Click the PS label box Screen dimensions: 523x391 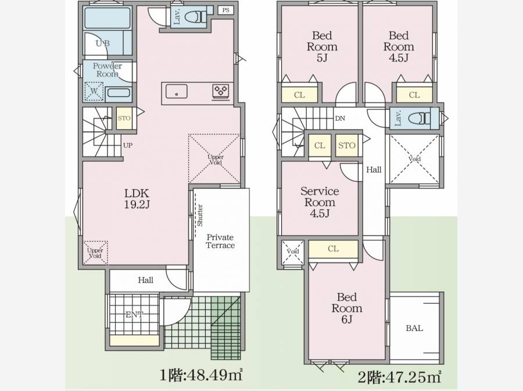pos(226,10)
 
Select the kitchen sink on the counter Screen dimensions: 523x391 pos(176,91)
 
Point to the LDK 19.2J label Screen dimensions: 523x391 pos(137,199)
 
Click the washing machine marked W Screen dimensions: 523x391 pos(94,91)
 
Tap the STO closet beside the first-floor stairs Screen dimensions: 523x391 pos(124,118)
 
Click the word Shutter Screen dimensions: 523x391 pos(200,216)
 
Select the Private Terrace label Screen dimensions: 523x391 pos(220,241)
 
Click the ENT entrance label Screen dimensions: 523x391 pos(134,314)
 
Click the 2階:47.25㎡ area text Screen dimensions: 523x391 pos(400,376)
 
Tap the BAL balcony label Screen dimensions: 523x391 pos(414,328)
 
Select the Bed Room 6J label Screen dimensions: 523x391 pos(347,308)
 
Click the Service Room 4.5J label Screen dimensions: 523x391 pos(320,202)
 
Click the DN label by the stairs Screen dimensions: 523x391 pos(340,119)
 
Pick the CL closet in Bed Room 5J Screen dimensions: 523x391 pos(299,95)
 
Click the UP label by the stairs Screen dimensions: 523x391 pos(128,145)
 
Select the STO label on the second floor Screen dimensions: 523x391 pos(346,145)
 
